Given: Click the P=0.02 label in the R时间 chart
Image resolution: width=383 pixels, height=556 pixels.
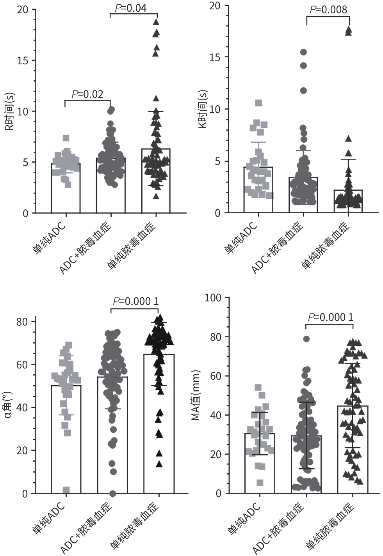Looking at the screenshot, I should coord(87,94).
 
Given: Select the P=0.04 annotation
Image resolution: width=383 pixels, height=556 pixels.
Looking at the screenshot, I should coord(130,8).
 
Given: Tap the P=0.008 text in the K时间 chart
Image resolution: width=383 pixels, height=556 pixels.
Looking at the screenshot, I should coord(328,10).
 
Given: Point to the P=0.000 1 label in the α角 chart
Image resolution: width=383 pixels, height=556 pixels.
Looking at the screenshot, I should coord(135,301).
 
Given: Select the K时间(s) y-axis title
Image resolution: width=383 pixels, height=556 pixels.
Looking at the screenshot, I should coord(203,109).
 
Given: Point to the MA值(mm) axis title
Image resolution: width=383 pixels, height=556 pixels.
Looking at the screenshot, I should coord(196,395).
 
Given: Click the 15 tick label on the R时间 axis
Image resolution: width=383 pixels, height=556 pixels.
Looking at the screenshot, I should coord(23,60).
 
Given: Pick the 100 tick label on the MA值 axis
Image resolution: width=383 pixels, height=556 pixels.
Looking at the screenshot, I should coord(213,298).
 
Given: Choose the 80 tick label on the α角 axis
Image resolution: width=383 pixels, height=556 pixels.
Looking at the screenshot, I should coord(22,322).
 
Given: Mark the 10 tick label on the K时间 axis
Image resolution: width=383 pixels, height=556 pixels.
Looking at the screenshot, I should coord(215,110).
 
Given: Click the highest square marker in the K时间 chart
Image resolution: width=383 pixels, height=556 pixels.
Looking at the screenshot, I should coord(258,103).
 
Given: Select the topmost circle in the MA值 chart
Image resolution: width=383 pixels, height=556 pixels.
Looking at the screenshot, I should coord(306,339).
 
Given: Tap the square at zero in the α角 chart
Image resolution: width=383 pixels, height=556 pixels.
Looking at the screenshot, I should coord(66,490).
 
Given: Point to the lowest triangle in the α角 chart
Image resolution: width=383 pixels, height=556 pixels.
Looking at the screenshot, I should coord(159,464).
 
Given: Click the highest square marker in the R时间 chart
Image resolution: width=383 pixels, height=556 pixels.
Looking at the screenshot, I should coord(66,138).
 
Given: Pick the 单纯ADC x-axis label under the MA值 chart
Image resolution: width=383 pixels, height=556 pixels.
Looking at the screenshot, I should coord(244,518).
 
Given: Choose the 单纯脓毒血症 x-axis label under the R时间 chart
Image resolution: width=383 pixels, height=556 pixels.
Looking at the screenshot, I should coord(132,245).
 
